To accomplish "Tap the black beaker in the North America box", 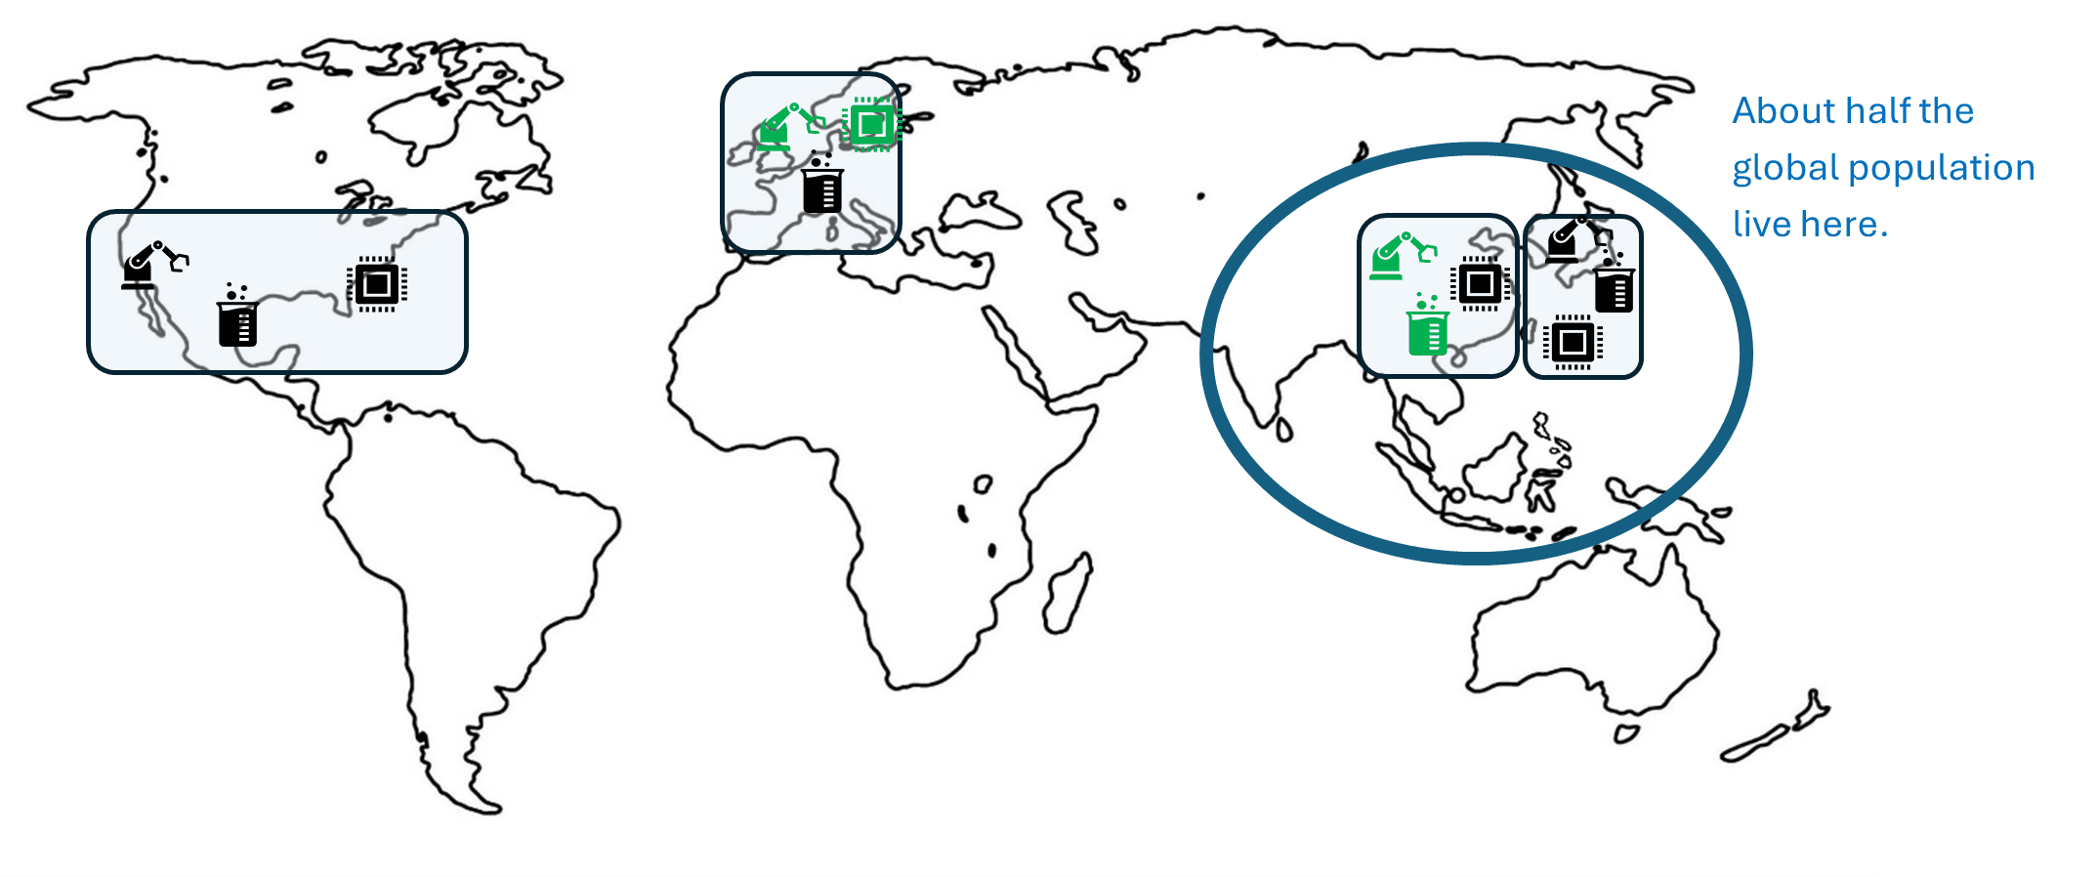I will [237, 319].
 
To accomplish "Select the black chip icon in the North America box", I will [377, 284].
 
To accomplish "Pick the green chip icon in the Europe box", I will [871, 124].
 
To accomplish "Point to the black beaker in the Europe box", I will [822, 187].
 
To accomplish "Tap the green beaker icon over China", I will [1428, 328].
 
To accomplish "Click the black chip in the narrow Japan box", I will [1573, 342].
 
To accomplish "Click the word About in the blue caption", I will [1783, 111].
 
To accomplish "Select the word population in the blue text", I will [1942, 168].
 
